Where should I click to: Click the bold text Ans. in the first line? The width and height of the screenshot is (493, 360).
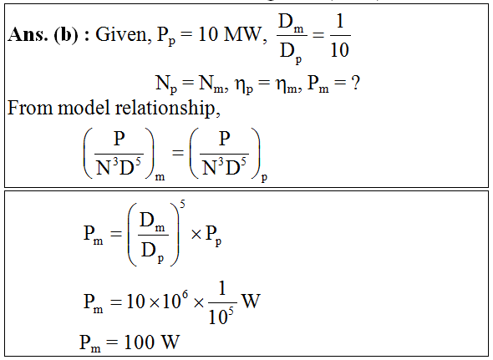[x=28, y=34]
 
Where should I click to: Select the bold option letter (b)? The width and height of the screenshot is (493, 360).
[x=66, y=34]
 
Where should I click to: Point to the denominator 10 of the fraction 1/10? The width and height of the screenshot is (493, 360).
[x=339, y=49]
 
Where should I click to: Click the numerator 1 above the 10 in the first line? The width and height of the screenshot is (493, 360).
[x=340, y=21]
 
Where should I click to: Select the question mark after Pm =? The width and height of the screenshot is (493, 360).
[x=355, y=83]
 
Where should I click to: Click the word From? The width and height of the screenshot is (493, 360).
[x=30, y=108]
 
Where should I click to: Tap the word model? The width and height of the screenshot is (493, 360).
[x=84, y=108]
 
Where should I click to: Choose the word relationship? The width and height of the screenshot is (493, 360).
[x=168, y=108]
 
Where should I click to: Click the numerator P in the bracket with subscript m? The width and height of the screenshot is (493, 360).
[x=119, y=139]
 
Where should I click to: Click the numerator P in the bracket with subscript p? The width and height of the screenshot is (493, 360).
[x=225, y=139]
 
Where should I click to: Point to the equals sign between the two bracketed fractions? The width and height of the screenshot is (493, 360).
[x=178, y=153]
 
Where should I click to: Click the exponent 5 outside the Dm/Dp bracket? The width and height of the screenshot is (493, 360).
[x=182, y=205]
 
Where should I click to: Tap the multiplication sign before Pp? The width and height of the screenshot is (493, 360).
[x=196, y=235]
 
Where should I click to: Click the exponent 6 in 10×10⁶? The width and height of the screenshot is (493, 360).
[x=185, y=295]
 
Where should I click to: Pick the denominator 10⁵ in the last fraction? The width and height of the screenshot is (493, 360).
[x=221, y=316]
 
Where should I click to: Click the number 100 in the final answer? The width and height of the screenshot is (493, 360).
[x=140, y=342]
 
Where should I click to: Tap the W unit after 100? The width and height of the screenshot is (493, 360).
[x=170, y=342]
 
